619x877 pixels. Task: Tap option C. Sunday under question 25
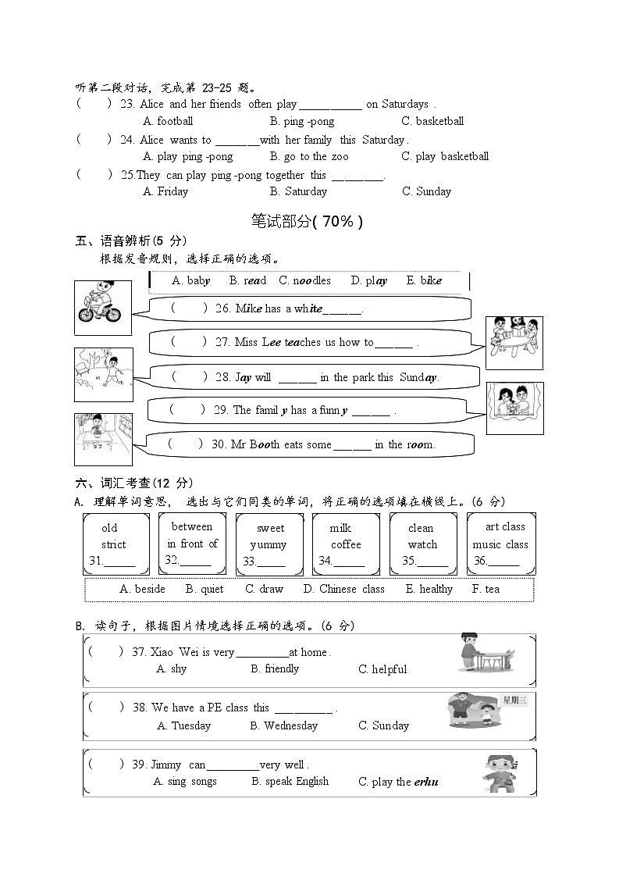pos(426,191)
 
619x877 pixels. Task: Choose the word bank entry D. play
pos(368,280)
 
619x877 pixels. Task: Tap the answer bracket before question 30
pos(185,444)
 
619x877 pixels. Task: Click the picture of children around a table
pos(514,342)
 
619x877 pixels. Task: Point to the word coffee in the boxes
pos(346,544)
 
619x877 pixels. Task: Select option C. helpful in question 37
pos(382,669)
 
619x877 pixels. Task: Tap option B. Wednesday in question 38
pos(284,725)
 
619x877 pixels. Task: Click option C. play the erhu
pos(398,782)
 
